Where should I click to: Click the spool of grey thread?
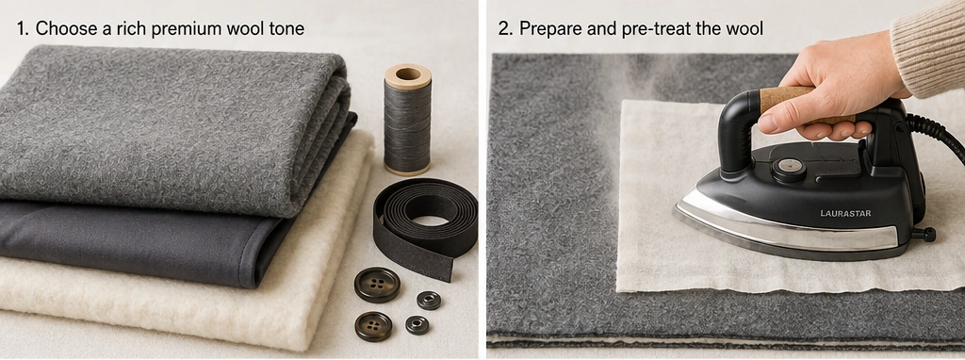(x=407, y=120)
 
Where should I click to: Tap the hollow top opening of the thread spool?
(x=407, y=74)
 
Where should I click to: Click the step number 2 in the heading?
(x=504, y=29)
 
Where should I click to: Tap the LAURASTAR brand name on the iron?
(x=845, y=213)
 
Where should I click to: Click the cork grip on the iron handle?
(x=800, y=104)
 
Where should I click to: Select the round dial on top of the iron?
(x=790, y=166)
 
